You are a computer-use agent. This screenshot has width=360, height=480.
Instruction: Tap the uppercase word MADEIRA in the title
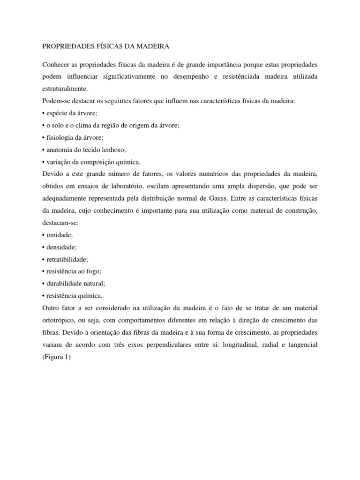(151, 47)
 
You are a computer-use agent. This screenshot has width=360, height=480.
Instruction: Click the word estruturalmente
(65, 88)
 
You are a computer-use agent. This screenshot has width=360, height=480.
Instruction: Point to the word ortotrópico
(59, 321)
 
